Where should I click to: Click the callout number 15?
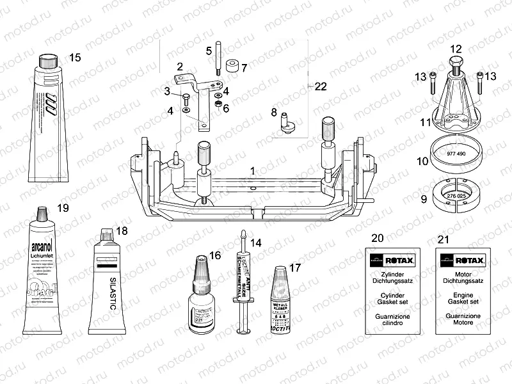coord(75,58)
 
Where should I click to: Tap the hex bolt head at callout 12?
coord(456,63)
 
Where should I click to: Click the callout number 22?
coord(321,86)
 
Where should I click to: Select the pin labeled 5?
coord(219,58)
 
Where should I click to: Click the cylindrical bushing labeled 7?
coord(232,67)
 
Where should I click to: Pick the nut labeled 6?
coord(217,103)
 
